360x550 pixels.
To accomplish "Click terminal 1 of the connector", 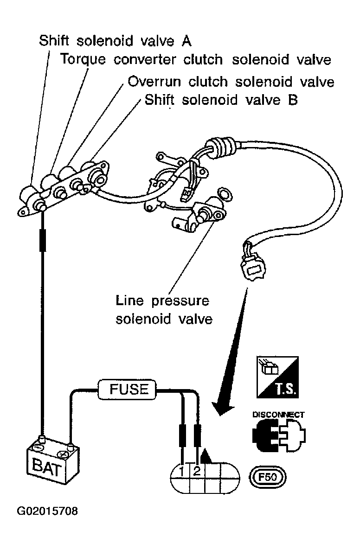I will coord(183,472).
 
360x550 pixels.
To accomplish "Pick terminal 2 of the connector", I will coord(197,472).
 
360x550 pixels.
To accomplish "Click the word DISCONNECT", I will coord(278,415).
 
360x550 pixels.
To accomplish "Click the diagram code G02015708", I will coord(47,512).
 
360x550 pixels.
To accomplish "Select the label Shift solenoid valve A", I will coord(115,40).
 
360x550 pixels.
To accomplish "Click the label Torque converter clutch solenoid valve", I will coord(196,60).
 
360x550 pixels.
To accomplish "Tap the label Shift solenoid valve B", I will coord(221,100).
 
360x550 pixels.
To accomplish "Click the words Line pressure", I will coord(162,301).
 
